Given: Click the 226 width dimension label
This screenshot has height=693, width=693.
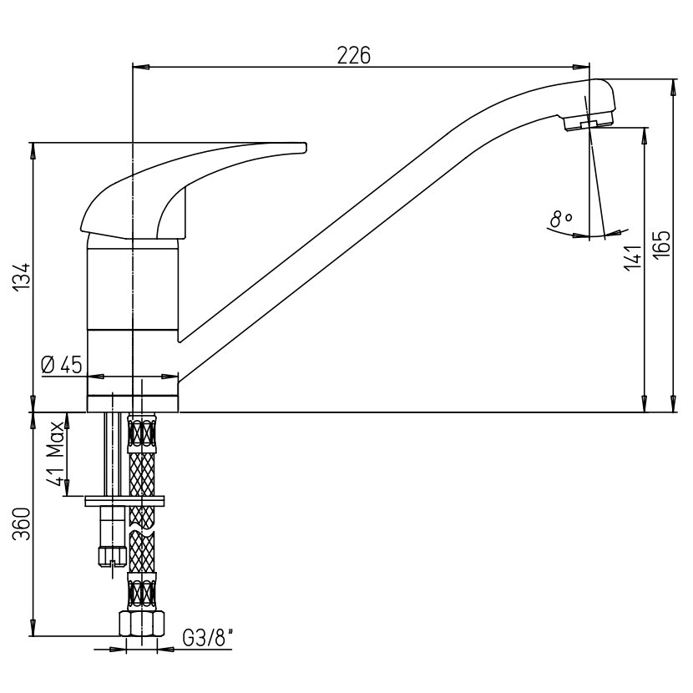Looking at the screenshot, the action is pos(353,56).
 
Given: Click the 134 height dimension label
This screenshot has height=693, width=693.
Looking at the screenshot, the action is pos(21,276).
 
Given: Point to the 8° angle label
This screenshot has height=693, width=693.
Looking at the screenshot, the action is pos(561,219).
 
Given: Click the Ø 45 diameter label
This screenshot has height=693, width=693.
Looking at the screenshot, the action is pos(62,365).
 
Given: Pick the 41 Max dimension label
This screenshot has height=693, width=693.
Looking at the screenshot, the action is pos(55,453).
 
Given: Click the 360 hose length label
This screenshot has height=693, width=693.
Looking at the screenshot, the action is pos(21,524).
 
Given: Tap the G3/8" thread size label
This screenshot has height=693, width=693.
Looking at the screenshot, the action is pos(208,638).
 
